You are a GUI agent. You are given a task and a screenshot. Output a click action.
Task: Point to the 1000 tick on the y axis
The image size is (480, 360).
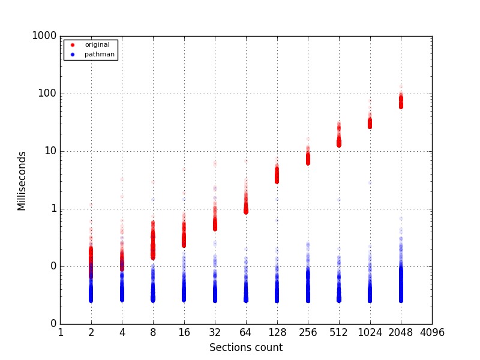[x=44, y=36]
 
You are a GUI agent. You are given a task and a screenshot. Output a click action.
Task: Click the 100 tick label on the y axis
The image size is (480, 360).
[x=47, y=94]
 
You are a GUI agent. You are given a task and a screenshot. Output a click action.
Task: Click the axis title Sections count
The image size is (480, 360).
[x=246, y=348]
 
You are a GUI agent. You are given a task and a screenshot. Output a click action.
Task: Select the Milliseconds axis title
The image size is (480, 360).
[x=22, y=180]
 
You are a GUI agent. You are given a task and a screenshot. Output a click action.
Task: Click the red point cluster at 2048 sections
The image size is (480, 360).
[x=401, y=101]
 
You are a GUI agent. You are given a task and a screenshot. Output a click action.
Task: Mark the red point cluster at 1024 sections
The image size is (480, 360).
[x=370, y=123]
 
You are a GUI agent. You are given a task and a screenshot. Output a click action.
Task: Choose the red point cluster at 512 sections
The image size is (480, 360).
[x=339, y=143]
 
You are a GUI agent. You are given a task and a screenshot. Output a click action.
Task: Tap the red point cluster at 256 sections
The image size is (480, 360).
[x=308, y=158]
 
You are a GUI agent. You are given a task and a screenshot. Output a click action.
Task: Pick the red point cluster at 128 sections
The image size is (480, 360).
[x=277, y=175]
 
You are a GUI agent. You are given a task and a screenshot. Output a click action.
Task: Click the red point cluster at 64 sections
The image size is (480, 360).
[x=246, y=209]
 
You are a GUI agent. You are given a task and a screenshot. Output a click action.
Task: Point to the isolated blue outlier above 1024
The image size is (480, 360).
[x=370, y=182]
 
